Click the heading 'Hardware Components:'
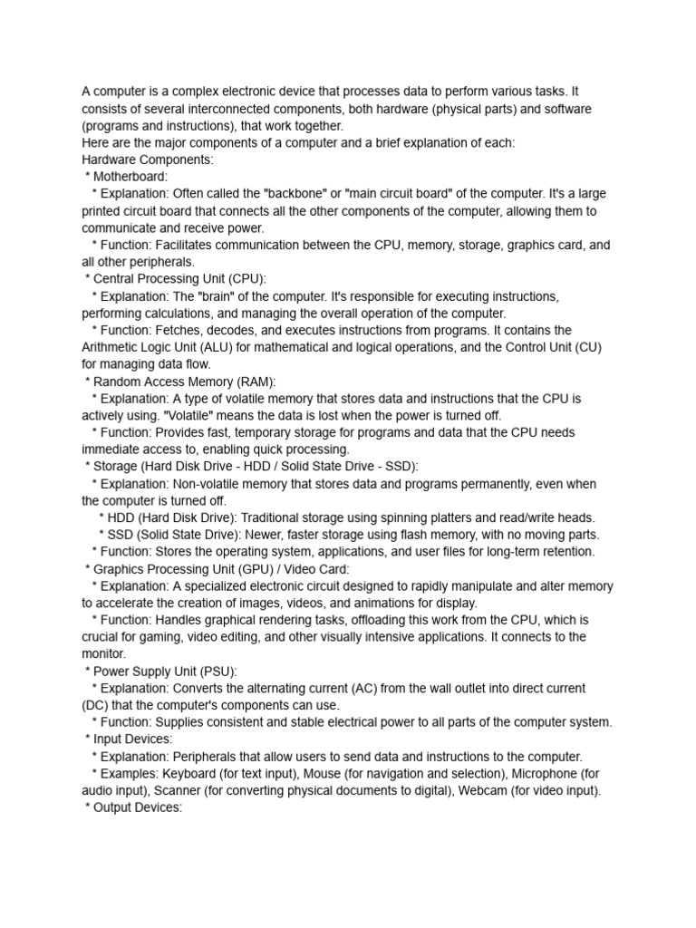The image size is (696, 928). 148,159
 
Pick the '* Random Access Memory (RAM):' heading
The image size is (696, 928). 180,382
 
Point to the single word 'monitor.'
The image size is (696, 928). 104,653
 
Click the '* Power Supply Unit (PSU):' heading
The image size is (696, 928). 160,672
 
